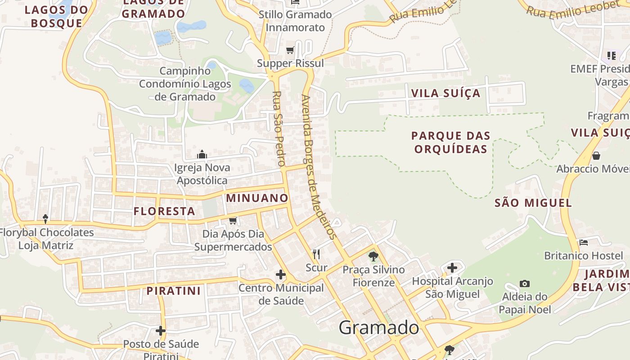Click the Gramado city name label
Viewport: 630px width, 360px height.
(378, 328)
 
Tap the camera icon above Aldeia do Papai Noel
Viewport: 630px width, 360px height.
(524, 283)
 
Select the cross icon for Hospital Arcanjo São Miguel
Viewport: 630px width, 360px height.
(452, 268)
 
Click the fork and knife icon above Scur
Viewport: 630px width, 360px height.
(316, 254)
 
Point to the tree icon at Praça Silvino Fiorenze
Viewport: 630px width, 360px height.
(373, 256)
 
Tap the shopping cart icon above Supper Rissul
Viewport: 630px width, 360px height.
(290, 50)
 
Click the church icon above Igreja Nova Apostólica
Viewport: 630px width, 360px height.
(202, 155)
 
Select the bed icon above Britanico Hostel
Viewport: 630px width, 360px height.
(584, 243)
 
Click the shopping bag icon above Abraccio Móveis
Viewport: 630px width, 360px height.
(596, 156)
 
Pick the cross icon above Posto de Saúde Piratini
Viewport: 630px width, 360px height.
(161, 331)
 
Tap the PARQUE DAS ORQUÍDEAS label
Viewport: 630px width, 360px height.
(451, 142)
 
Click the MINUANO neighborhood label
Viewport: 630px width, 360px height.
(257, 198)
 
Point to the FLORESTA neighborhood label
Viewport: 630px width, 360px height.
(164, 211)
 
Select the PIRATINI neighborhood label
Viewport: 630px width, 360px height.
(173, 291)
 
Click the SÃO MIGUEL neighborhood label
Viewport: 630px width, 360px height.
(533, 203)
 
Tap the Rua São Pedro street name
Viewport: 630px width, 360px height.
(277, 128)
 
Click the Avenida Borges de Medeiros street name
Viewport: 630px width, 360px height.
(319, 166)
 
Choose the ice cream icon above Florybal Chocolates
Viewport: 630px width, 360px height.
(45, 219)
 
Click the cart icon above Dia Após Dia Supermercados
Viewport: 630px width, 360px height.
(233, 220)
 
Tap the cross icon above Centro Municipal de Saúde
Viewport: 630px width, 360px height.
(281, 274)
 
